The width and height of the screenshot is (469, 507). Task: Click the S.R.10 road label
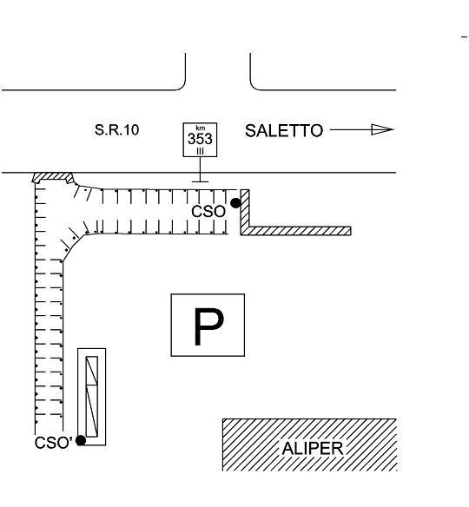click(x=116, y=129)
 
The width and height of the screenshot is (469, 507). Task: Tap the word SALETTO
click(x=284, y=130)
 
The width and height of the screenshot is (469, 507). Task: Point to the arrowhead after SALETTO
click(x=382, y=129)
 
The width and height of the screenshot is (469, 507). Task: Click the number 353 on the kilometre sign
click(x=200, y=139)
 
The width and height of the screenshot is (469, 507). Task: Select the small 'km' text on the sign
click(x=201, y=128)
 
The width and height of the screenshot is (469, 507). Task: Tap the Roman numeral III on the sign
click(x=201, y=151)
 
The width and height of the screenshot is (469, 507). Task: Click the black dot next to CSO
click(x=235, y=203)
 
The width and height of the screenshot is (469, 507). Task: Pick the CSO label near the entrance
click(x=208, y=212)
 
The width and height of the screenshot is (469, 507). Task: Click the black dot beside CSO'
click(x=81, y=440)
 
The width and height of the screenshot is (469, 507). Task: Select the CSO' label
click(x=53, y=443)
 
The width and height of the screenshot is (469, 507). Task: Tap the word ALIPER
click(x=313, y=449)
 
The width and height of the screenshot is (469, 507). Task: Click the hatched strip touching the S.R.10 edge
click(x=53, y=176)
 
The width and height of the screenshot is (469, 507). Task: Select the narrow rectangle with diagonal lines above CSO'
click(x=92, y=397)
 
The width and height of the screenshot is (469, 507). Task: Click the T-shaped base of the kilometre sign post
click(x=200, y=181)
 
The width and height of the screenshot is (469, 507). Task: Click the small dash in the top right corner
click(x=464, y=37)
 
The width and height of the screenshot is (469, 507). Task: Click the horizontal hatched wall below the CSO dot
click(x=296, y=231)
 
